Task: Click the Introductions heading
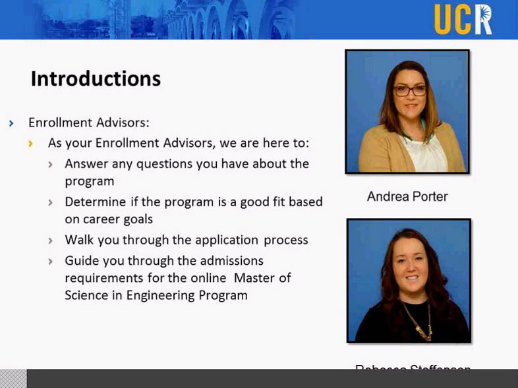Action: tap(96, 79)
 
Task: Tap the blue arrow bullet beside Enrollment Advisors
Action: tap(11, 123)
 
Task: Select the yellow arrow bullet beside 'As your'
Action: tap(32, 143)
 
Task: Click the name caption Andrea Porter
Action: tap(407, 196)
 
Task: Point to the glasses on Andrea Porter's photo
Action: tap(410, 90)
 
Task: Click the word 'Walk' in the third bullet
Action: tap(79, 240)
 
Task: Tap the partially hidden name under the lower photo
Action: tap(413, 368)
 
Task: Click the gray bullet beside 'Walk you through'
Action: tap(51, 240)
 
